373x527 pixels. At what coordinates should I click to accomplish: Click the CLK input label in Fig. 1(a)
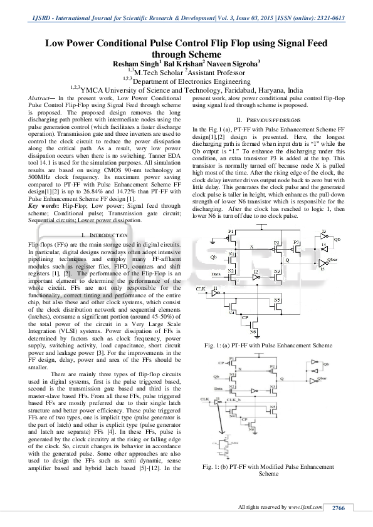tap(201, 289)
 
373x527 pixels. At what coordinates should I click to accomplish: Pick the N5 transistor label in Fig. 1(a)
tap(277, 300)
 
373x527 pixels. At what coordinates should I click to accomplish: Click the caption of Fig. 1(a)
tap(269, 345)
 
